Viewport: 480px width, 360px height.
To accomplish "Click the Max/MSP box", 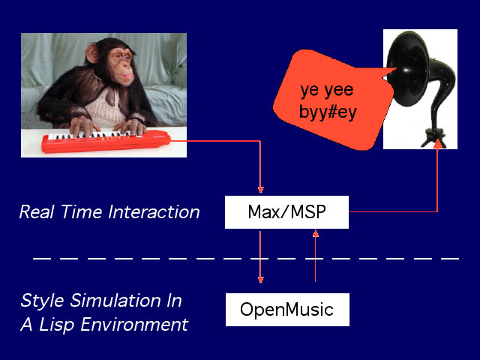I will tap(286, 212).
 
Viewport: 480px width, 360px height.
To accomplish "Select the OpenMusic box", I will tap(287, 309).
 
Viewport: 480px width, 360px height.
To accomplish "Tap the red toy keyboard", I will tap(105, 142).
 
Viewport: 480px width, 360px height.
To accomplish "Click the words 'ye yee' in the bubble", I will tap(327, 91).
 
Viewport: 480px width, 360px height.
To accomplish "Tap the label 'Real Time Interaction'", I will tap(109, 212).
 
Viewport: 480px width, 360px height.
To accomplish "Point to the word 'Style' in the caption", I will tap(41, 301).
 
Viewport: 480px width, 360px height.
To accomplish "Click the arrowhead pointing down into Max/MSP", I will tap(261, 189).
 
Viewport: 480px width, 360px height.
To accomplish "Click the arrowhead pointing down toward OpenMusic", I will tap(261, 279).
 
